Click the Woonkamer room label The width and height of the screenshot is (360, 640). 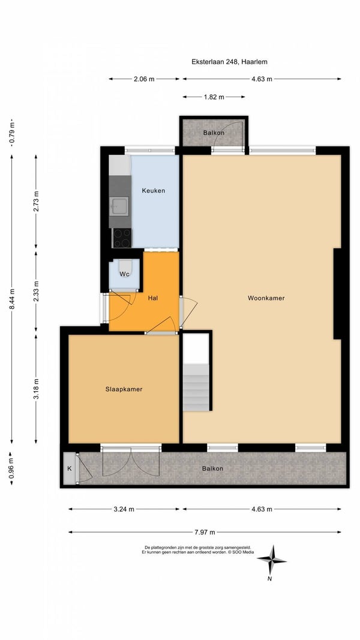point(266,298)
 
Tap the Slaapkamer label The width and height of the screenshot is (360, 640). point(124,389)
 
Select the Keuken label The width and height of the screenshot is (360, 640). point(154,191)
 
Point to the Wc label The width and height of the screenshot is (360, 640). point(124,274)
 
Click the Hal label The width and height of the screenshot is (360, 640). point(153,298)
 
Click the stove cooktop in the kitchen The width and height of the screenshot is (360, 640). point(122,238)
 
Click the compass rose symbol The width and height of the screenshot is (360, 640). point(271,560)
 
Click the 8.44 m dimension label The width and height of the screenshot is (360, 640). point(12,299)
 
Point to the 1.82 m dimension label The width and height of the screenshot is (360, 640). point(214,97)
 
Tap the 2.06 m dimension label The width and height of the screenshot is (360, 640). point(144,79)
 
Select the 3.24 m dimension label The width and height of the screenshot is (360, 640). point(124,509)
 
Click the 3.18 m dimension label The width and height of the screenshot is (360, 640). point(37,389)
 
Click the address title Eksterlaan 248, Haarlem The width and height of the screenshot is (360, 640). point(229,62)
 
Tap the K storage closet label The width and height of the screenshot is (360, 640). point(70,468)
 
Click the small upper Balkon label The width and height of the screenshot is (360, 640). point(214,133)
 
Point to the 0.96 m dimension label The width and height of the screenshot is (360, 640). point(12,468)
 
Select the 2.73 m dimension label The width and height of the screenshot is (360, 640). point(37,201)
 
